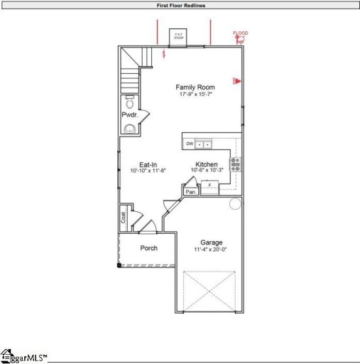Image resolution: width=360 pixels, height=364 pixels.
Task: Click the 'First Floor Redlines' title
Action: point(180,5)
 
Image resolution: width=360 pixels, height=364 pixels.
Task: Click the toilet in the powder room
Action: point(129,102)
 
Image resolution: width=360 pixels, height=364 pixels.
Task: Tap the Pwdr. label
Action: point(129,114)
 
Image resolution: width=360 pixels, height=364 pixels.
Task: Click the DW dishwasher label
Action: point(190,144)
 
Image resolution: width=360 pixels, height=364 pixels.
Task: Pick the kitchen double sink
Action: point(204,144)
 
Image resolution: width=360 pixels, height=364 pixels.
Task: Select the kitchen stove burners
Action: point(236,165)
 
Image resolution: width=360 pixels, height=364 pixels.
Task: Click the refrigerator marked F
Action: point(209,186)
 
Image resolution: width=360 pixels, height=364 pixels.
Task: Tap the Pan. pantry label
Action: point(190,192)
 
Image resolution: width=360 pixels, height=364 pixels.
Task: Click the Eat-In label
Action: point(148,164)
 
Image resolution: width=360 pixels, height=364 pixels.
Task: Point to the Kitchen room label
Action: point(207,164)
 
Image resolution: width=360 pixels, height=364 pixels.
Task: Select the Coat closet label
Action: point(124,218)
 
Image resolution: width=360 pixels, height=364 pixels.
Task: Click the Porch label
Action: point(148,248)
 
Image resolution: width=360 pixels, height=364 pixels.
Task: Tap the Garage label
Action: point(211,242)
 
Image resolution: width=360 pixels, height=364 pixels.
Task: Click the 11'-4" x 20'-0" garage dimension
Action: point(211,250)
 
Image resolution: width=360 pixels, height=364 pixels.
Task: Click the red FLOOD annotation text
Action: point(240,33)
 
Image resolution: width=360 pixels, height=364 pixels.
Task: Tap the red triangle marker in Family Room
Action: point(237,80)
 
